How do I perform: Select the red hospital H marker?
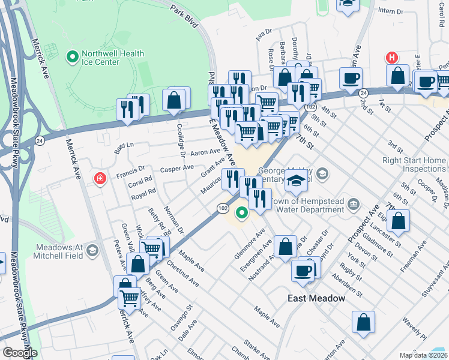point(392,58)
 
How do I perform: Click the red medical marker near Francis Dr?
point(99,178)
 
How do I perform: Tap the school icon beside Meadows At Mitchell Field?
point(92,250)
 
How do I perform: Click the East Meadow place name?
point(316,298)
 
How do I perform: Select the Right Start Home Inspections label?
point(414,165)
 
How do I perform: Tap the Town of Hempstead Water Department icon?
point(354,205)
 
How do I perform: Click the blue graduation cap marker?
point(296,180)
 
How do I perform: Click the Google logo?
point(19,353)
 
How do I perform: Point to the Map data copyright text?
point(423,355)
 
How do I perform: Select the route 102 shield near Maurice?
point(222,207)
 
